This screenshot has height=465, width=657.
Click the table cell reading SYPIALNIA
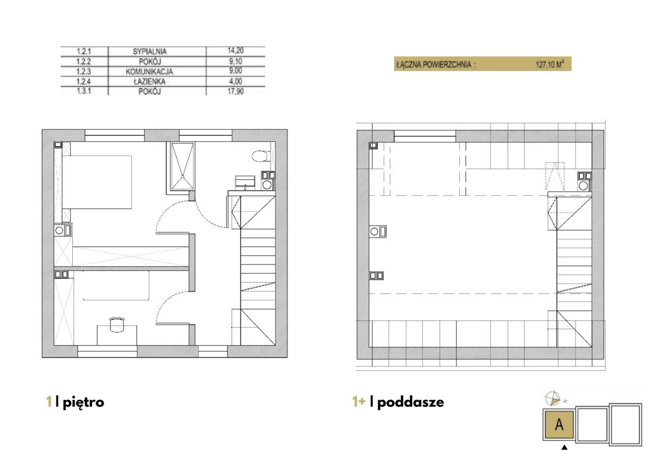click(149, 51)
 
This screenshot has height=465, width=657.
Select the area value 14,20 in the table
click(235, 50)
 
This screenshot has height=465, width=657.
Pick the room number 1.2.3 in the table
click(84, 71)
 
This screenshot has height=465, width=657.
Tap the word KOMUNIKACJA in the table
click(149, 72)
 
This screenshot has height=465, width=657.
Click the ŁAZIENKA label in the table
click(149, 81)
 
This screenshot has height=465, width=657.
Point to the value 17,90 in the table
click(235, 91)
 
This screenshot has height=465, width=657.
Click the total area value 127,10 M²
click(550, 64)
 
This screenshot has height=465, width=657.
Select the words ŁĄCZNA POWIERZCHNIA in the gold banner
click(434, 64)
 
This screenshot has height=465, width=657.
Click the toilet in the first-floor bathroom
click(260, 156)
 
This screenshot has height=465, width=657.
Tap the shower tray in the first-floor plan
click(182, 166)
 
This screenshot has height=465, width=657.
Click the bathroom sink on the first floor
click(245, 182)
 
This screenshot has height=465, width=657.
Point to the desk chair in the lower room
click(117, 324)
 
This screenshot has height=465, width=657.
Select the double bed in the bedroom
click(97, 182)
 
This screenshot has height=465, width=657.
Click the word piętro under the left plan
click(84, 402)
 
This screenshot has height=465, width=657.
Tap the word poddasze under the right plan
click(411, 402)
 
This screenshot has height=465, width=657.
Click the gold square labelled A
click(559, 424)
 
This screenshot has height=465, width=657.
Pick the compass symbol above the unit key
click(552, 398)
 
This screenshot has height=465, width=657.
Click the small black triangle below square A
click(564, 447)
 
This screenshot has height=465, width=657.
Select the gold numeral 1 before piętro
click(49, 402)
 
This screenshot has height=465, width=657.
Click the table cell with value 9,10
click(235, 61)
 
